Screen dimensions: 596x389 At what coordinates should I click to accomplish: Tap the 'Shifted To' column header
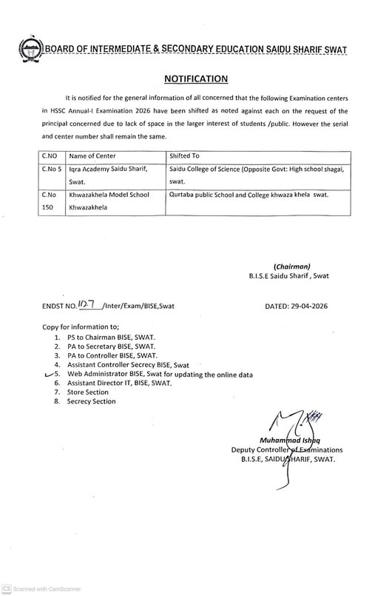click(185, 156)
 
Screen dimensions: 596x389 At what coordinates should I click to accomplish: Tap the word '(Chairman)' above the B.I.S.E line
click(291, 266)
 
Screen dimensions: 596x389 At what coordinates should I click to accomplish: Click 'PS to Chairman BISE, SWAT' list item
click(115, 335)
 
